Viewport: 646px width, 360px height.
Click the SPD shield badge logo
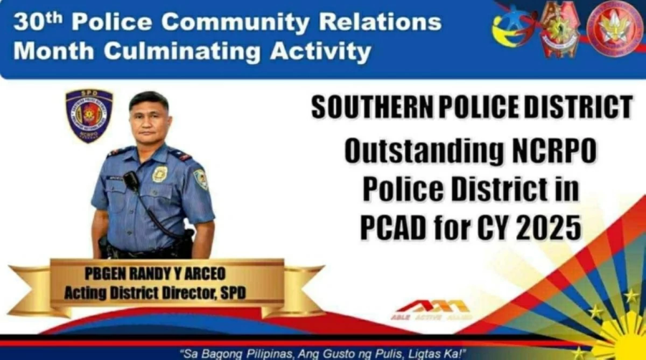pos(89,115)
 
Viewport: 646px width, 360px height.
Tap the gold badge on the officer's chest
pos(159,174)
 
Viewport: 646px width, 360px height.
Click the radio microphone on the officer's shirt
pos(131,181)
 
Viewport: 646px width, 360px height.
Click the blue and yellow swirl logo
pos(511,30)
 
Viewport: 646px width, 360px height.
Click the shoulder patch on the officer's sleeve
pos(201,179)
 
